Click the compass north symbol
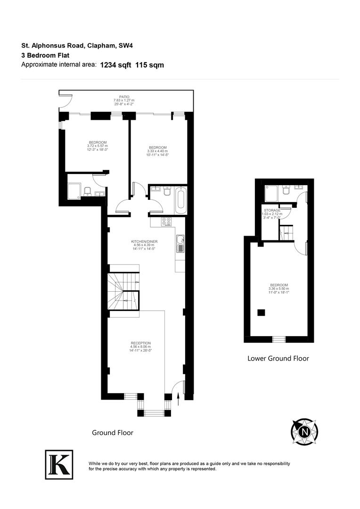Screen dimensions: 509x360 pos(304,431)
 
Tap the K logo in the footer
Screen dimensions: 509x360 pos(59,464)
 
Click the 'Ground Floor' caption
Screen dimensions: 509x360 pos(113,432)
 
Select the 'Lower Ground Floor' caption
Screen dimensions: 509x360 pos(278,358)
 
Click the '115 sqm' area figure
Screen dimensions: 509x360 pos(149,65)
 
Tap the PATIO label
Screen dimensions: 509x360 pos(124,97)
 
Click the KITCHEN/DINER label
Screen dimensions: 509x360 pos(144,242)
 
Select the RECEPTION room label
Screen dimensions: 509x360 pos(141,343)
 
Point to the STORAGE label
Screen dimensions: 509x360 pos(272,210)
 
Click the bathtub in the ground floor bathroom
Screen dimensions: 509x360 pos(181,200)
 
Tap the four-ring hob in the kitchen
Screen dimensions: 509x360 pos(167,222)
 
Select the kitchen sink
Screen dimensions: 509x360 pos(180,244)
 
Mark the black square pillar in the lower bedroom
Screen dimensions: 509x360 pos(261,312)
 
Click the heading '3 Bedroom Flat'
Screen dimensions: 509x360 pos(45,55)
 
